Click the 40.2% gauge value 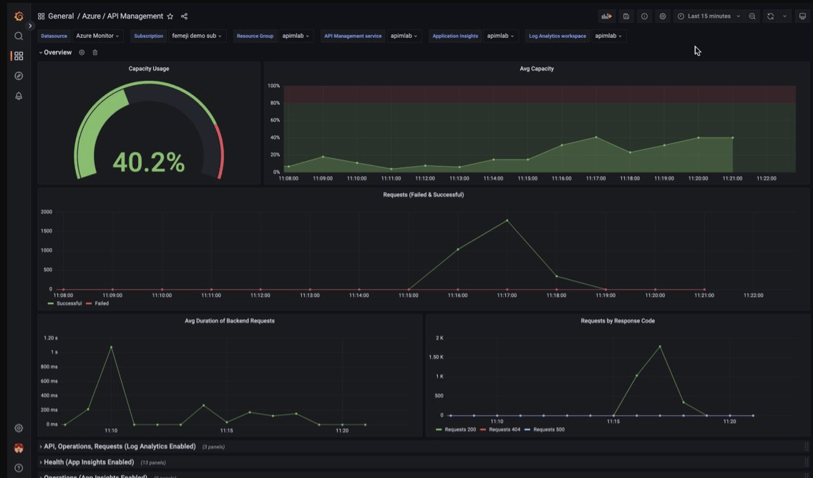[x=149, y=162]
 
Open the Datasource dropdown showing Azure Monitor [x=97, y=36]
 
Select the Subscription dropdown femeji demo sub [x=197, y=36]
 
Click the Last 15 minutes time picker [x=709, y=16]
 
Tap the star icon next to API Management [x=170, y=16]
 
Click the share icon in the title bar [x=184, y=16]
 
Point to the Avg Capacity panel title [x=536, y=69]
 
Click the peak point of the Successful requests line [x=507, y=220]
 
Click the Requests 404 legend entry [x=504, y=429]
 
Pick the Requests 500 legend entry [x=548, y=429]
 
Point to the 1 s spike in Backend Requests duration [x=111, y=347]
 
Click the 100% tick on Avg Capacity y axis [x=273, y=86]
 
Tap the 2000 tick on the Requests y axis [x=47, y=212]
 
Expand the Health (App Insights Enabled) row [x=89, y=462]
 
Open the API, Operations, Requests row [x=120, y=447]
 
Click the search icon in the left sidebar [x=19, y=36]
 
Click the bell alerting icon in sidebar [x=19, y=96]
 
